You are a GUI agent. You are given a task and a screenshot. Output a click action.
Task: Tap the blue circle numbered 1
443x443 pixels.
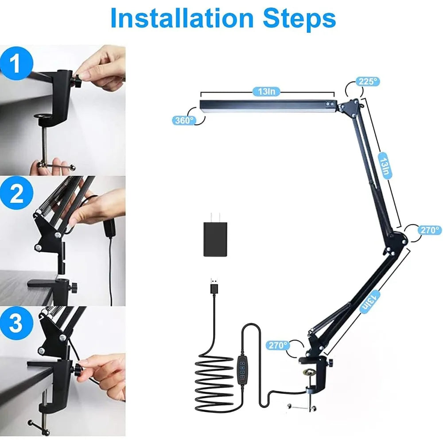pos(16,64)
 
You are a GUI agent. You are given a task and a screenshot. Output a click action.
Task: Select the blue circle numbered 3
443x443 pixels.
pos(16,323)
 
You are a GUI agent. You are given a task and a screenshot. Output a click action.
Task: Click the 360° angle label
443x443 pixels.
pos(184,120)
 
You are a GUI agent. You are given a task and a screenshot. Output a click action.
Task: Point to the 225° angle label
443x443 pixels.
pos(369,82)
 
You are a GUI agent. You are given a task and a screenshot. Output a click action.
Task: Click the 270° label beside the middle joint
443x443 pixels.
pos(430,230)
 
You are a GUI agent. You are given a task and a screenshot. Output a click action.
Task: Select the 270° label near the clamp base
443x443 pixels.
pos(277,345)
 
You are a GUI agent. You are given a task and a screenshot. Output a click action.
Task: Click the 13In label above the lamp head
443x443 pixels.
pos(267,92)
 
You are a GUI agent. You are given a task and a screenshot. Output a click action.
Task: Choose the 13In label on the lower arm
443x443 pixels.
pos(369,301)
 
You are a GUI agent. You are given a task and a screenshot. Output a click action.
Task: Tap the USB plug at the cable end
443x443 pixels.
pos(214,286)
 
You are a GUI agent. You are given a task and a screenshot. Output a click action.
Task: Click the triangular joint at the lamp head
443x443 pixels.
pos(351,107)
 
